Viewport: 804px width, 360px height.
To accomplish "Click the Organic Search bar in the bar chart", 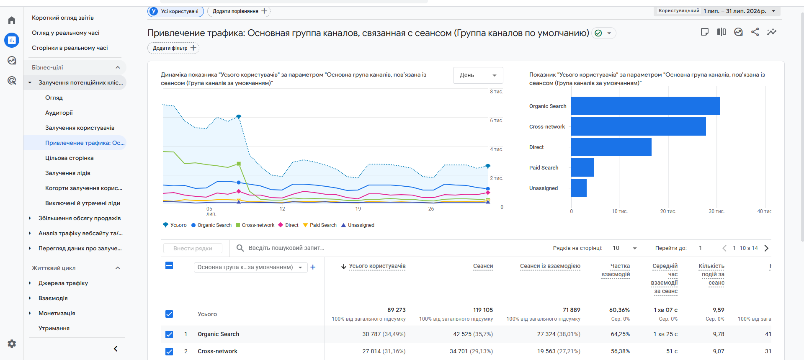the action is click(x=645, y=106).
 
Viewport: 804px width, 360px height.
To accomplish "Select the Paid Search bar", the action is click(x=582, y=167).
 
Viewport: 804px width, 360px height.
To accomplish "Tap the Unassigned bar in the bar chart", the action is click(x=579, y=188).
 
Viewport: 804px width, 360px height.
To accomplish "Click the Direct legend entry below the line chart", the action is click(x=288, y=225).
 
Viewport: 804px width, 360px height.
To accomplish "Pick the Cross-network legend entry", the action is click(x=255, y=225).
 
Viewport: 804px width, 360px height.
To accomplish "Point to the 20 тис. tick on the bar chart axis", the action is click(x=668, y=211).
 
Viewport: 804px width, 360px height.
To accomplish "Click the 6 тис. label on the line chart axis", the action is click(x=496, y=121).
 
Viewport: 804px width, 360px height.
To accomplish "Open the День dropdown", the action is click(x=478, y=75).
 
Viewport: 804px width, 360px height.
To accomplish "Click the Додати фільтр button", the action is click(x=173, y=48).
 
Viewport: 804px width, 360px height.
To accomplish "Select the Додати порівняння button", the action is click(x=239, y=11).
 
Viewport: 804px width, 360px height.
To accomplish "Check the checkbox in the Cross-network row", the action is click(x=169, y=352).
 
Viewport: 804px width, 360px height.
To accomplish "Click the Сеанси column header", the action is click(x=483, y=266).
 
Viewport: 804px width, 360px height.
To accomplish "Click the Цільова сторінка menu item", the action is click(x=70, y=158).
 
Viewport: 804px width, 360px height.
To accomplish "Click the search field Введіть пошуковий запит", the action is click(x=286, y=248).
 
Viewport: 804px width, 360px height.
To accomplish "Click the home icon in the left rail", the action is click(x=12, y=20).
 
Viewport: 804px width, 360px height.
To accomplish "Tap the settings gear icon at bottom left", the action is click(x=12, y=344).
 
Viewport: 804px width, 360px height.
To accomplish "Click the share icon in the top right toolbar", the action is click(x=755, y=32).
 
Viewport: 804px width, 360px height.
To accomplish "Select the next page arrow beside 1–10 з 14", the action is click(x=766, y=248).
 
